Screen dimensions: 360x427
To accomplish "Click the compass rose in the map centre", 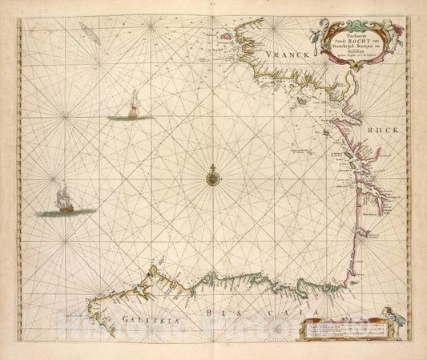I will coord(214,173).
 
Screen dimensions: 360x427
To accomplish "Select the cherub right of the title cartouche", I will coord(396,30).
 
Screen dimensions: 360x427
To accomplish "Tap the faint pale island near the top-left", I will coord(87,31).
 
